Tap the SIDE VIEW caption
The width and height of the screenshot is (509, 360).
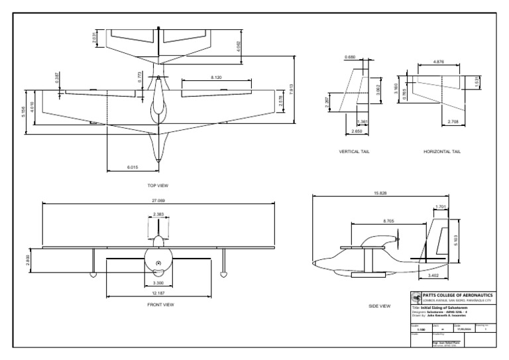pos(381,306)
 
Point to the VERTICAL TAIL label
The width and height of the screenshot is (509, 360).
pos(354,152)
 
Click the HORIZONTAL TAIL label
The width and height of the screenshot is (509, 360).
pos(441,152)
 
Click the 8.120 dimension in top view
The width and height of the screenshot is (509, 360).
pos(216,78)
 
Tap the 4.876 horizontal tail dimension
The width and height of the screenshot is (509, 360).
pos(438,62)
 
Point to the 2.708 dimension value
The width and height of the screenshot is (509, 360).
pos(454,122)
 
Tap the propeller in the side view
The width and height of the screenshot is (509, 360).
pos(397,237)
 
